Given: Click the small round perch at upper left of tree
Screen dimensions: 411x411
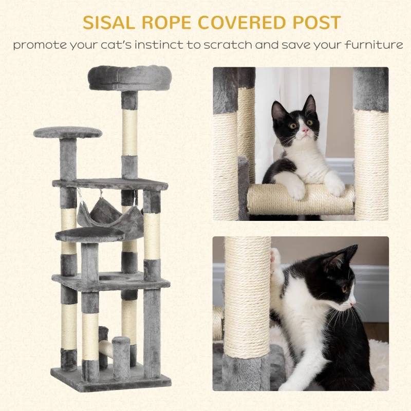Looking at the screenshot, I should pyautogui.click(x=68, y=133).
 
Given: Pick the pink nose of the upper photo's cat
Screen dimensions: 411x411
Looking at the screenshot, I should pyautogui.click(x=305, y=131).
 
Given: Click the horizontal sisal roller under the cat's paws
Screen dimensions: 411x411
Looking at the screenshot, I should pyautogui.click(x=301, y=200).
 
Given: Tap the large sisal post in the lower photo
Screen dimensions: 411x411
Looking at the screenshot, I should pyautogui.click(x=248, y=298).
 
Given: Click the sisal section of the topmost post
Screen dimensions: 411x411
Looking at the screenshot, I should pyautogui.click(x=129, y=132).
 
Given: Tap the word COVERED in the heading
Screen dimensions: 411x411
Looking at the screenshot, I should pyautogui.click(x=245, y=23).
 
